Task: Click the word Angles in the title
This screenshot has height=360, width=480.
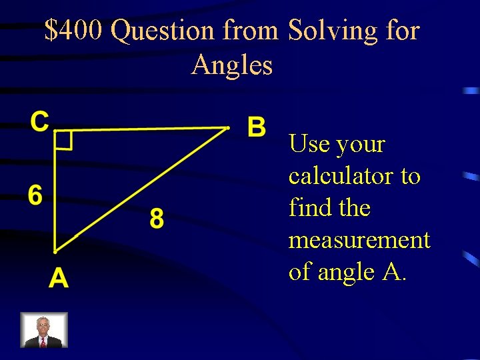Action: pos(231,65)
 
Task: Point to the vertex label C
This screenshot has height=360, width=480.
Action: pos(40,121)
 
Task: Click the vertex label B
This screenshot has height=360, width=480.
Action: pos(257,126)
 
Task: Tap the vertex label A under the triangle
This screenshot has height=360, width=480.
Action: pos(58,277)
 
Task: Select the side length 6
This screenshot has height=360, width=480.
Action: pos(35,195)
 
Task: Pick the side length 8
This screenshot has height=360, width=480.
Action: pos(156,218)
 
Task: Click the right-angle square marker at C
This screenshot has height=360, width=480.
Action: pos(63,141)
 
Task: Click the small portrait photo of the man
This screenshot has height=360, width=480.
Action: pos(43,330)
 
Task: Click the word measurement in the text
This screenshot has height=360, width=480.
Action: pos(359,240)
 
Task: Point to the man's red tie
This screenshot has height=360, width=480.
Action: pos(43,341)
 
